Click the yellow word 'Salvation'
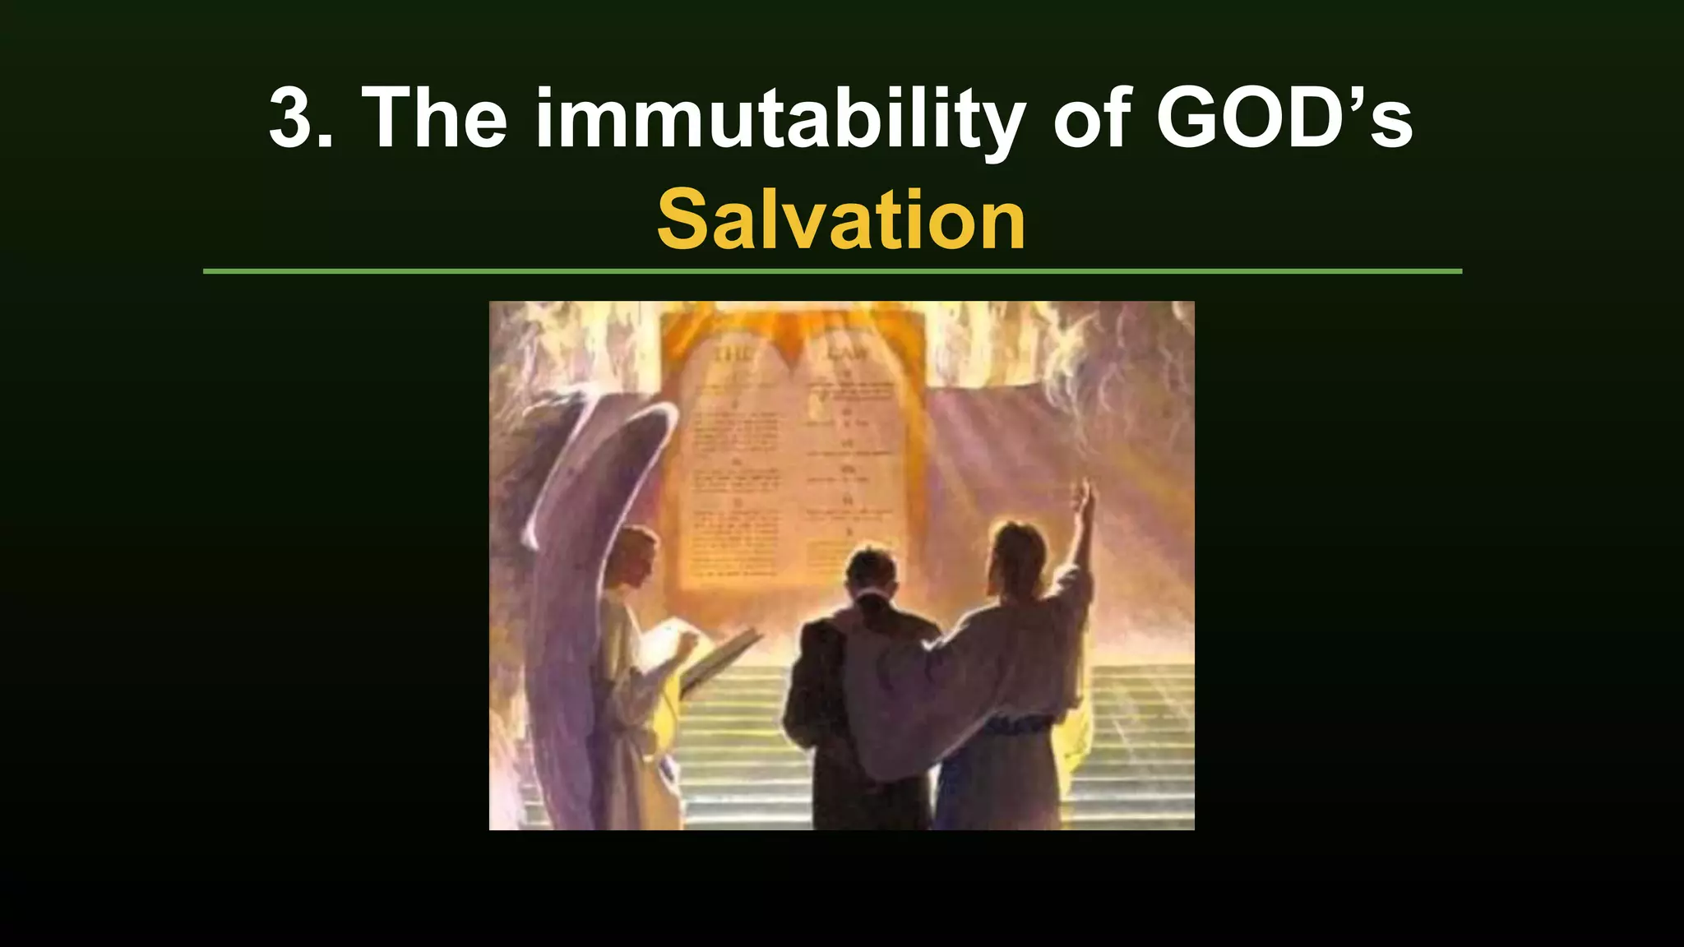pyautogui.click(x=841, y=219)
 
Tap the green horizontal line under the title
pyautogui.click(x=832, y=270)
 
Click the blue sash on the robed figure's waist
pyautogui.click(x=1020, y=725)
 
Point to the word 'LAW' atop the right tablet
pyautogui.click(x=847, y=353)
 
